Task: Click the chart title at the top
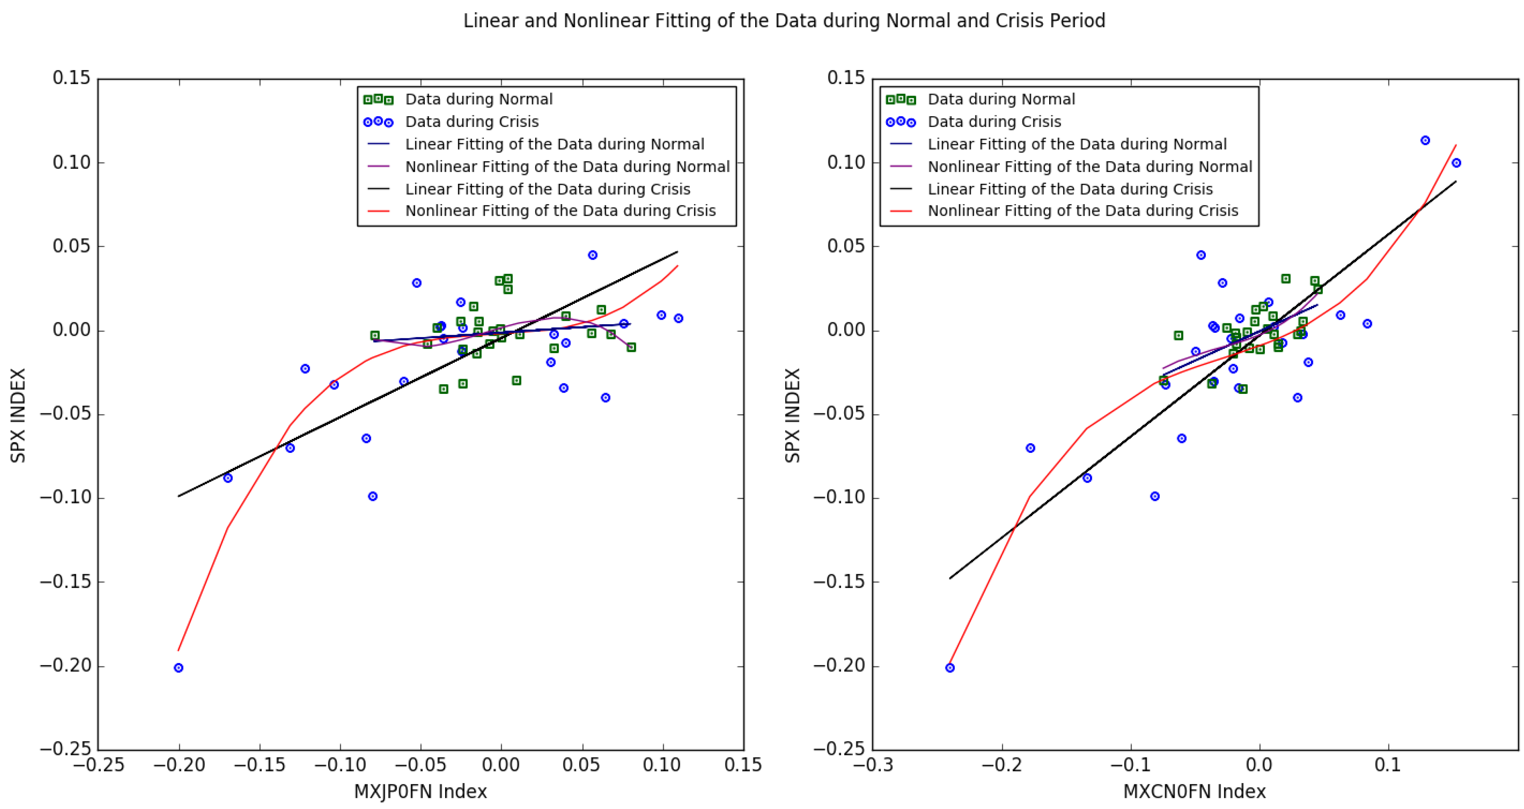pos(784,21)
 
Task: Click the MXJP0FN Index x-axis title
pos(420,791)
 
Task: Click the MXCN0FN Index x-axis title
pos(1194,791)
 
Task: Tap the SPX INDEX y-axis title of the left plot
pos(18,415)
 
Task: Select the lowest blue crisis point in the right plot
pos(950,668)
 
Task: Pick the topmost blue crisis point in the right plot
pos(1425,140)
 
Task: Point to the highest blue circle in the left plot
pos(592,255)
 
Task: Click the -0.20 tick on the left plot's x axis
pos(179,765)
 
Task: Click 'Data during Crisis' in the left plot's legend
pos(471,122)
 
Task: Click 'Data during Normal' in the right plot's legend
pos(1001,99)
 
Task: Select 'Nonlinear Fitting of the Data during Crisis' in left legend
pos(560,211)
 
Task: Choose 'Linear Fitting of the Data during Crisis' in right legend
pos(1070,189)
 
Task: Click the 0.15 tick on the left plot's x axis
pos(742,765)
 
